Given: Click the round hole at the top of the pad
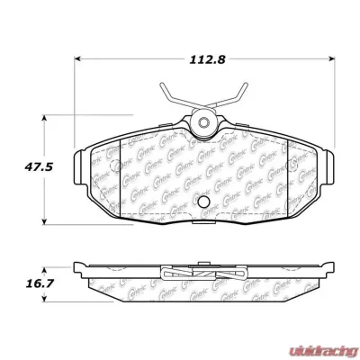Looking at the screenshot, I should [202, 123].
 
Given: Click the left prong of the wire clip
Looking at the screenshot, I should [163, 90].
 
